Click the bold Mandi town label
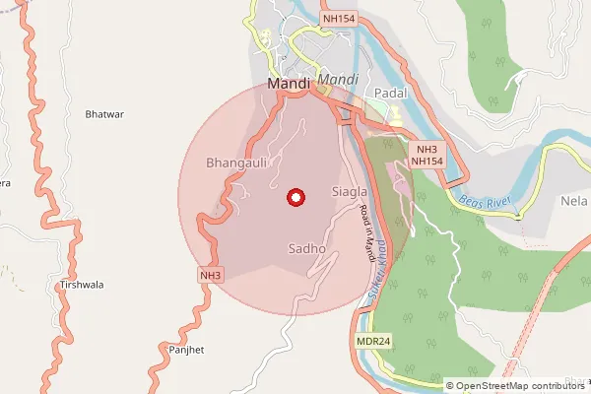point(289,86)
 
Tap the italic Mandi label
point(339,78)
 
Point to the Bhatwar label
point(104,114)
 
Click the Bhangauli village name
point(236,162)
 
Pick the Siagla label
point(350,190)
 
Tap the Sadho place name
point(306,249)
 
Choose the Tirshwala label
point(82,284)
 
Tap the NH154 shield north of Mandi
point(337,19)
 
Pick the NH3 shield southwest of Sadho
point(209,275)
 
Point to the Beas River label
point(487,202)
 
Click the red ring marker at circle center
point(294,197)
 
